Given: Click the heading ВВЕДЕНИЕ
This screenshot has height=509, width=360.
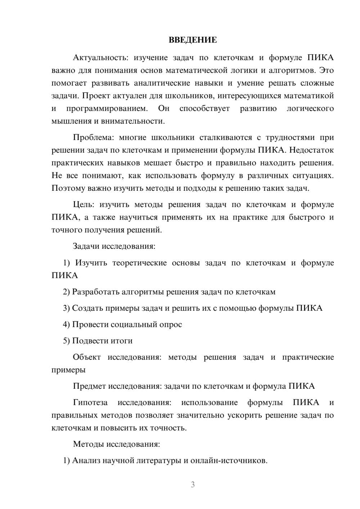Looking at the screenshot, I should click(x=193, y=40).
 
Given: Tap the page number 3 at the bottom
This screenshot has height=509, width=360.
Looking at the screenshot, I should click(x=193, y=485).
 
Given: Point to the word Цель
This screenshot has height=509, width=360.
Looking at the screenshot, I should click(x=84, y=204).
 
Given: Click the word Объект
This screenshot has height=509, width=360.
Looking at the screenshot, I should click(x=87, y=357).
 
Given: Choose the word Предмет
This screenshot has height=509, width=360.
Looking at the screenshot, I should click(x=89, y=386).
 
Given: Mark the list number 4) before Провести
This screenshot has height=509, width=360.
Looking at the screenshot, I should click(x=66, y=324).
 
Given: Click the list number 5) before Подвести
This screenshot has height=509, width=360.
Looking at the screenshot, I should click(x=66, y=341).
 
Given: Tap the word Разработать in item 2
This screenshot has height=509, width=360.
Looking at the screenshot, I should click(x=95, y=292).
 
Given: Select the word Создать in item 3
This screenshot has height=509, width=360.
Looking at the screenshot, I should click(x=87, y=308).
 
